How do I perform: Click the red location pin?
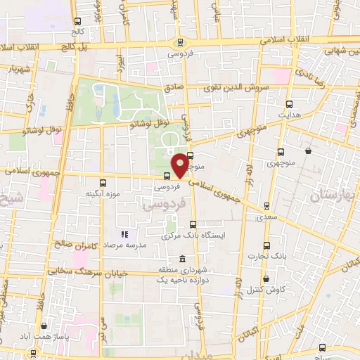[x=181, y=165]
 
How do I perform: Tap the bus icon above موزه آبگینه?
[x=103, y=182]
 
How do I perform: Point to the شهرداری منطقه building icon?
[x=183, y=258]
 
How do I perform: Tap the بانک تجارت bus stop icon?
[x=266, y=245]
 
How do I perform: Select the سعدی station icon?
[x=266, y=206]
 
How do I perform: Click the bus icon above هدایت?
[x=288, y=101]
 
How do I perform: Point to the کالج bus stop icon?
[x=77, y=20]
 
